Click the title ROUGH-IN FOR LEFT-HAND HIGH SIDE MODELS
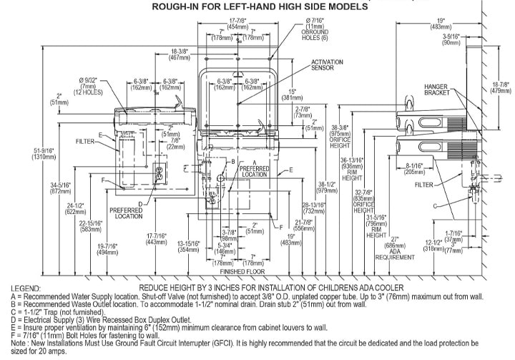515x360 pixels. [x=261, y=6]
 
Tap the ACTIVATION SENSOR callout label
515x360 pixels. [x=327, y=67]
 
